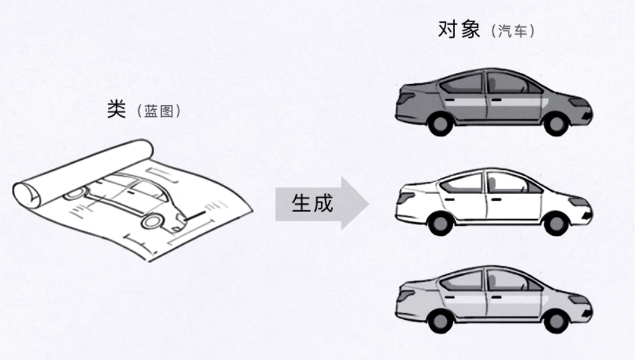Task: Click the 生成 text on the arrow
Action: pyautogui.click(x=312, y=203)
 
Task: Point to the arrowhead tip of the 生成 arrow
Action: pyautogui.click(x=368, y=203)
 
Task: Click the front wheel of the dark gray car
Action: pyautogui.click(x=555, y=124)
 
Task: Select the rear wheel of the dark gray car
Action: pyautogui.click(x=443, y=124)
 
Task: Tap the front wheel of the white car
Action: pyautogui.click(x=555, y=222)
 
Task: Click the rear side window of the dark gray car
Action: pyautogui.click(x=463, y=84)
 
